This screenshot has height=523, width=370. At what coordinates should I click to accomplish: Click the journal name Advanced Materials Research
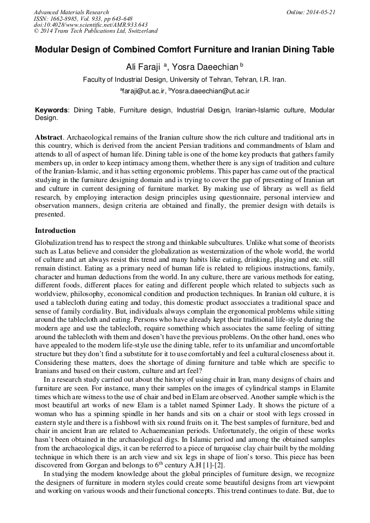(x=71, y=12)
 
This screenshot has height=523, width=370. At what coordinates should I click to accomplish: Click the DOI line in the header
(x=91, y=25)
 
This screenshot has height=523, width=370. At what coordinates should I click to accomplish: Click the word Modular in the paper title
(x=55, y=50)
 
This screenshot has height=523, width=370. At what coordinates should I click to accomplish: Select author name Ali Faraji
(x=144, y=67)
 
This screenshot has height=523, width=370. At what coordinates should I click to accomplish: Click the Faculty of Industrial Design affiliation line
(x=184, y=80)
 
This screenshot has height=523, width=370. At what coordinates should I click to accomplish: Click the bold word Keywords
(x=52, y=110)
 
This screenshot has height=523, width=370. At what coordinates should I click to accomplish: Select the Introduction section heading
(x=55, y=231)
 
